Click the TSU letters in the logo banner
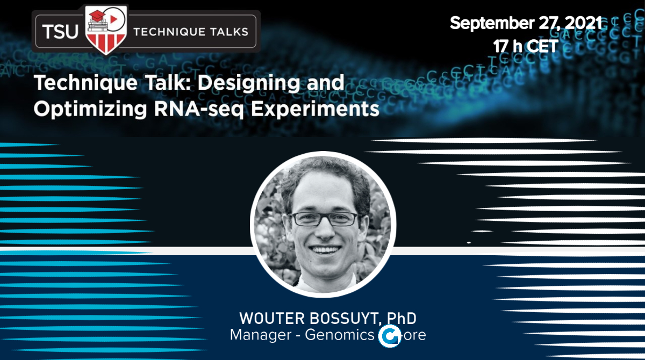[x=60, y=31]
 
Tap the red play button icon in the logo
[x=114, y=19]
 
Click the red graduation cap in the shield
[x=97, y=16]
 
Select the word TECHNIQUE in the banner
[x=168, y=32]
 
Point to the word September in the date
[x=492, y=23]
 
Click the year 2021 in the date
[x=583, y=23]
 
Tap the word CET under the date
[x=543, y=46]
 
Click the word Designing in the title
[x=249, y=84]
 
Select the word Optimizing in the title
[x=90, y=110]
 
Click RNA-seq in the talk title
[x=199, y=110]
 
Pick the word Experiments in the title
[x=316, y=110]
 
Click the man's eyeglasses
[x=325, y=219]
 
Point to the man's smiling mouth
[x=325, y=250]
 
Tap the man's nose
[x=325, y=231]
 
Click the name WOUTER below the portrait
[x=272, y=318]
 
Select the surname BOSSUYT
[x=344, y=318]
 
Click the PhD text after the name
[x=402, y=318]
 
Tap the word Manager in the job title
[x=261, y=335]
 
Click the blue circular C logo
[x=389, y=336]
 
